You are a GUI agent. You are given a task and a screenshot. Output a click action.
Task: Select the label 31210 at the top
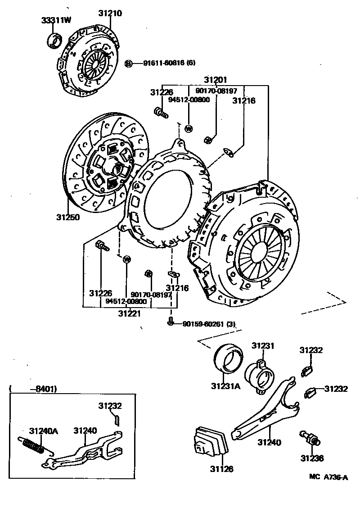coord(110,14)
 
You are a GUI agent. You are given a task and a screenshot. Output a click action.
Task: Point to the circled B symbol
coord(128,63)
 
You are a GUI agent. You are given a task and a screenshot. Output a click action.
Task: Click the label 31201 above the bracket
coord(216,80)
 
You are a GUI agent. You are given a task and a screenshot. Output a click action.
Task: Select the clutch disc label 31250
coord(68,217)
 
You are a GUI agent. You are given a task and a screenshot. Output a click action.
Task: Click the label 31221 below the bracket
coord(129,313)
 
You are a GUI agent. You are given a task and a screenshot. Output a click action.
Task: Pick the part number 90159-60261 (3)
coord(209,324)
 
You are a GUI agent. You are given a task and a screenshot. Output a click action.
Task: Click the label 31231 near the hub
coord(262,346)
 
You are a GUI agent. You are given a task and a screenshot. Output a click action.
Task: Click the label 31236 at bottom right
coord(312,458)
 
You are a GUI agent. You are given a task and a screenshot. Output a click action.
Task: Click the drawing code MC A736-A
coord(328,477)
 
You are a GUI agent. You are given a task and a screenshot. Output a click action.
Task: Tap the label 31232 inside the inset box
coord(110,406)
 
